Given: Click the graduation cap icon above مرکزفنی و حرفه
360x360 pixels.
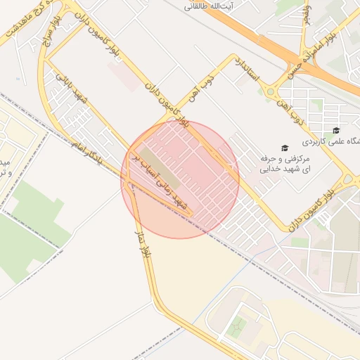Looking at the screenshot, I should point(285,148).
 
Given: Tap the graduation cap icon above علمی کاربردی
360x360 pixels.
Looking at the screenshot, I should point(336,131).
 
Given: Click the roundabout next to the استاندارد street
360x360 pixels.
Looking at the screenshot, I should point(269,90).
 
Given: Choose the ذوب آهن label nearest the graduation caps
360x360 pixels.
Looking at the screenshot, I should point(299,110).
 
